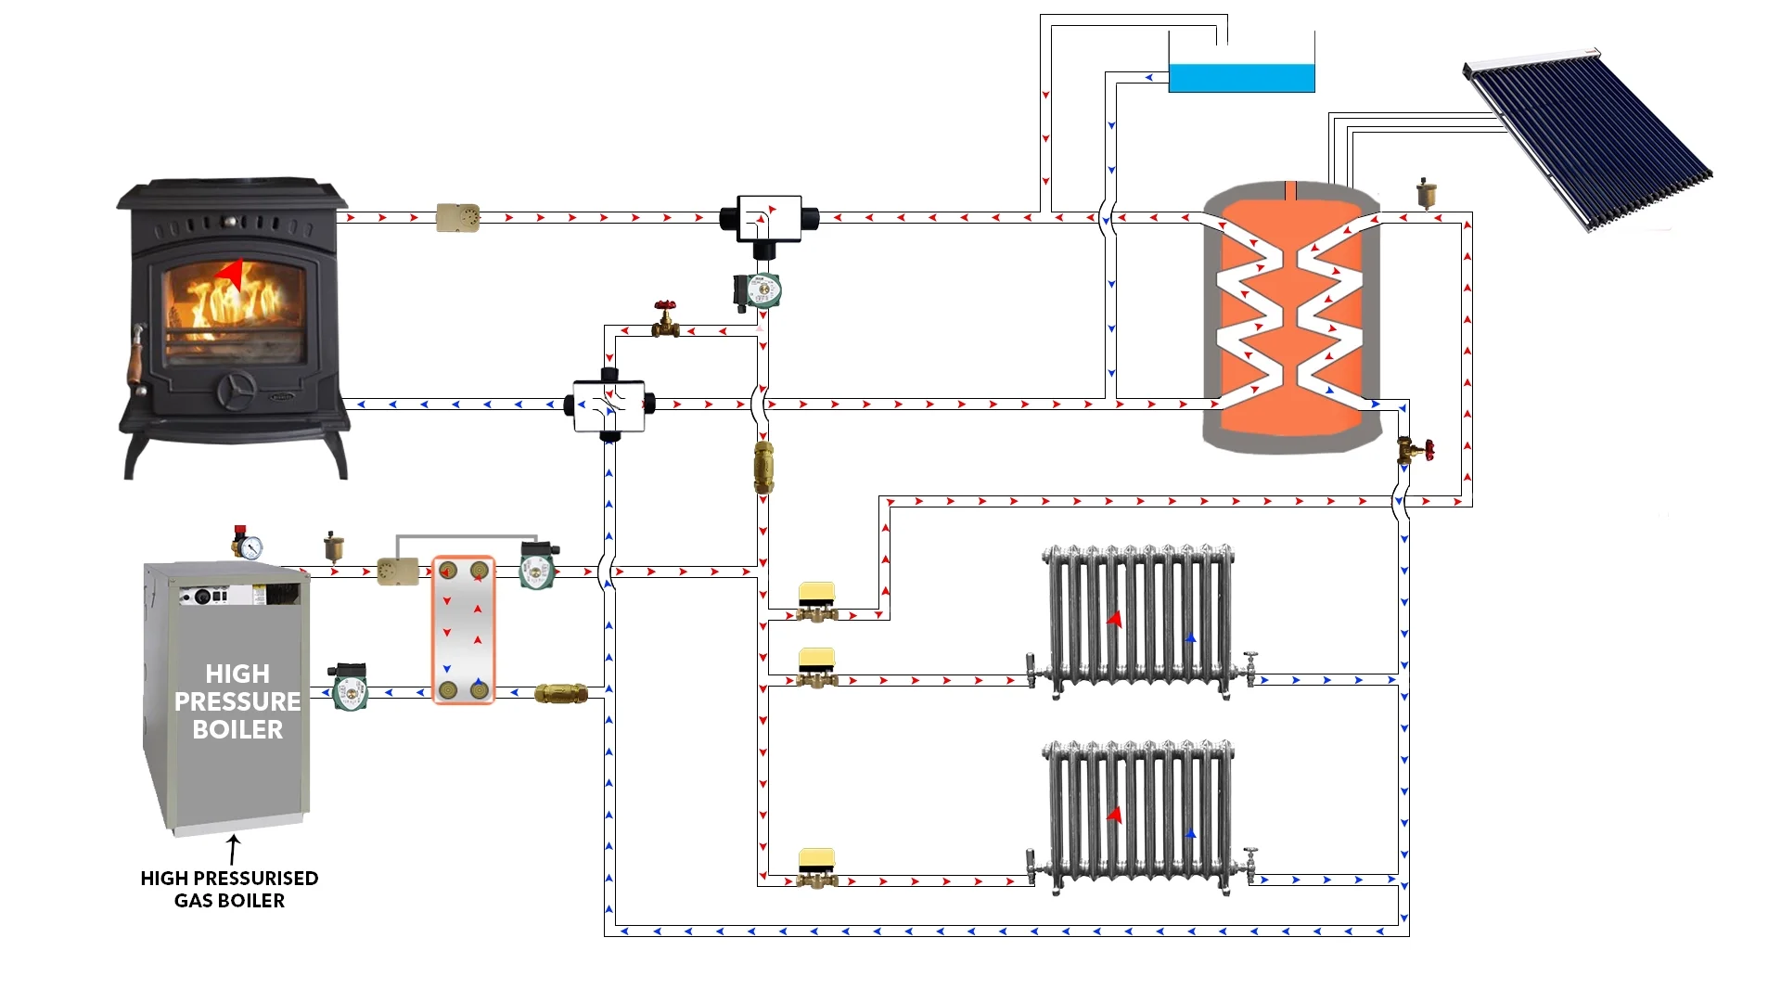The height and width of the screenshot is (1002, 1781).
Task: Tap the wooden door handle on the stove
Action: click(x=137, y=357)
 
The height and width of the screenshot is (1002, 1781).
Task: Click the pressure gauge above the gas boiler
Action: click(x=247, y=545)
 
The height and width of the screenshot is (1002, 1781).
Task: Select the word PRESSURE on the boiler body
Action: click(x=237, y=701)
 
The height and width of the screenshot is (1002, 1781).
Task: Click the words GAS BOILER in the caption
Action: click(x=229, y=901)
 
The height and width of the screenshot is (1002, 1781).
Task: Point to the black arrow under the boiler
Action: click(x=233, y=849)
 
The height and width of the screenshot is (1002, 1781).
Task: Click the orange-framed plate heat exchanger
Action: click(x=463, y=631)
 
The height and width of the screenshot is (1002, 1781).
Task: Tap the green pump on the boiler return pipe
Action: click(x=349, y=687)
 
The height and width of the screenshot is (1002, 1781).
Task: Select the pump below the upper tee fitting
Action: click(x=758, y=290)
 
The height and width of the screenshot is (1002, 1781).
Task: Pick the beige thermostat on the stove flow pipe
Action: click(x=457, y=218)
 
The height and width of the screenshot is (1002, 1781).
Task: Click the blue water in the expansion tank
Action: click(x=1241, y=78)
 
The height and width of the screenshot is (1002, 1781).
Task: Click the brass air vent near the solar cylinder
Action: click(x=1426, y=193)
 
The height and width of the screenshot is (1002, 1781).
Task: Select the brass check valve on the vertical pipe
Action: click(x=763, y=468)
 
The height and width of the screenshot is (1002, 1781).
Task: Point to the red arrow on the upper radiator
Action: click(x=1114, y=619)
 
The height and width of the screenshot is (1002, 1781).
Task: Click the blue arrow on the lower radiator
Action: click(x=1191, y=834)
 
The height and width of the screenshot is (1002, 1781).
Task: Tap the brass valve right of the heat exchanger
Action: click(x=561, y=693)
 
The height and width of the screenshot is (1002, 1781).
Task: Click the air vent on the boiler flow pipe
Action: click(x=334, y=547)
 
